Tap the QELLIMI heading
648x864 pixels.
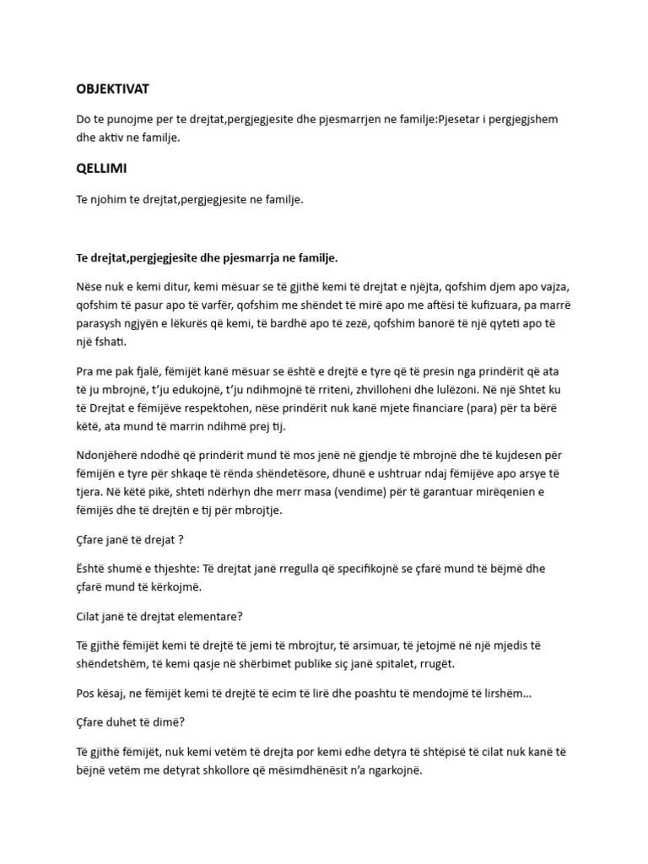click(102, 168)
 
